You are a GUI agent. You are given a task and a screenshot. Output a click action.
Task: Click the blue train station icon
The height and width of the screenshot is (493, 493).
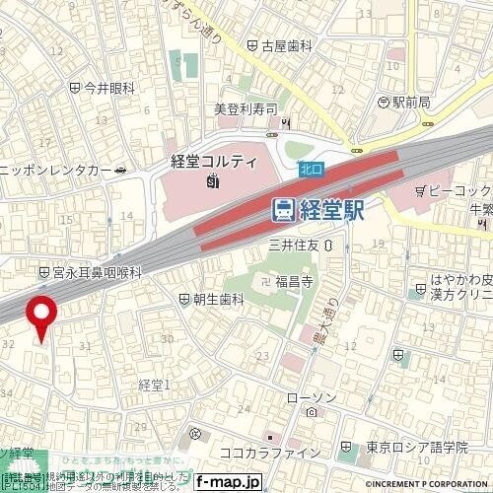tap(283, 208)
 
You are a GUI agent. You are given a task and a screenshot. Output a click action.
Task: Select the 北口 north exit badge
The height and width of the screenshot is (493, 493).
tap(312, 171)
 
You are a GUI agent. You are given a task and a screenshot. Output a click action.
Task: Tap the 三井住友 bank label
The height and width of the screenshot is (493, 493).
tap(294, 244)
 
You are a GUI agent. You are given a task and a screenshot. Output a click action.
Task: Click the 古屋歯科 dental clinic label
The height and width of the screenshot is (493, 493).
tap(287, 45)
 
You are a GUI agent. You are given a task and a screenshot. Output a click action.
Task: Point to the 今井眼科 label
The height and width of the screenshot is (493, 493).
tap(109, 88)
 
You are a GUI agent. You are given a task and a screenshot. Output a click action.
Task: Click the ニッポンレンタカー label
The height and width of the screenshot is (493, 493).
tap(56, 169)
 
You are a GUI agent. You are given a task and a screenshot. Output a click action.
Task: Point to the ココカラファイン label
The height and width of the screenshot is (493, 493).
tap(270, 452)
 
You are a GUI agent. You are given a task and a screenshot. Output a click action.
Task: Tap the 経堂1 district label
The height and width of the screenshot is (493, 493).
tap(155, 384)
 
